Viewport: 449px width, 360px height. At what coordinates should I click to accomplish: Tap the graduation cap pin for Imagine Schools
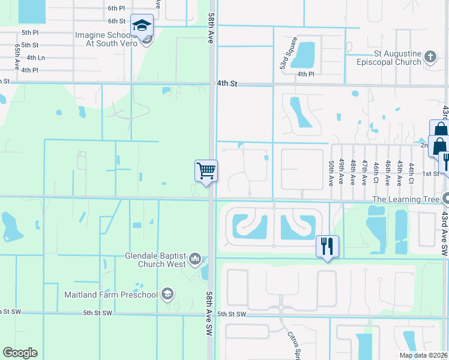tap(142, 26)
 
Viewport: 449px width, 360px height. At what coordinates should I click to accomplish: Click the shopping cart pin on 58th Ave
tap(206, 171)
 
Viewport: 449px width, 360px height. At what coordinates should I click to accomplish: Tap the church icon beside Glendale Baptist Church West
tap(195, 259)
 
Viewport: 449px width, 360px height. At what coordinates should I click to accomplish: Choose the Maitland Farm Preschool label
tap(111, 295)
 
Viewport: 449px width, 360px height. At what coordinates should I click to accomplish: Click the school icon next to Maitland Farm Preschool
tap(168, 294)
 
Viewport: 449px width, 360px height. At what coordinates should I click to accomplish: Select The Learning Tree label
tap(406, 199)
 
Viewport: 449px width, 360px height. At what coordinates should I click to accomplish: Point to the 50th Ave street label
tap(331, 172)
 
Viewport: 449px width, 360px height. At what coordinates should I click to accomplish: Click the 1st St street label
tap(430, 173)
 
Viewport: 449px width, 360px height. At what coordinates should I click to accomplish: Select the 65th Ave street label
tap(17, 54)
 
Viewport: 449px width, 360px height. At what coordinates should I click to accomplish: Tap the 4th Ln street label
tap(29, 58)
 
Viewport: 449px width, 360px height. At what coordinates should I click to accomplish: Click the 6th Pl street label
tap(116, 8)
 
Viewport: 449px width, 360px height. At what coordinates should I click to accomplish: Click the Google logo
tap(20, 353)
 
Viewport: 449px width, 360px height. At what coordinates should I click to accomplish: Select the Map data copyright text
tap(423, 355)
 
